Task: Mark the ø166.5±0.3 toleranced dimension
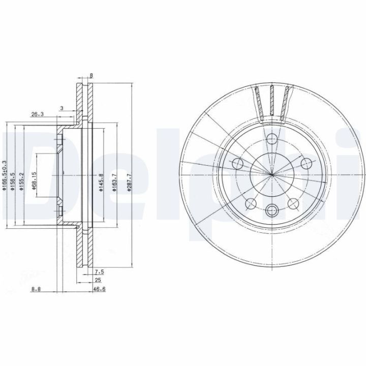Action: (x=5, y=176)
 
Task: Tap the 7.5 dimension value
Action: (x=99, y=271)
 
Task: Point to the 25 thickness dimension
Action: (x=98, y=280)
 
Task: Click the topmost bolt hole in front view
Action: (x=272, y=139)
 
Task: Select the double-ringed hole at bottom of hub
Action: (x=272, y=209)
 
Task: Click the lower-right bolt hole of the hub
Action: (x=293, y=203)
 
